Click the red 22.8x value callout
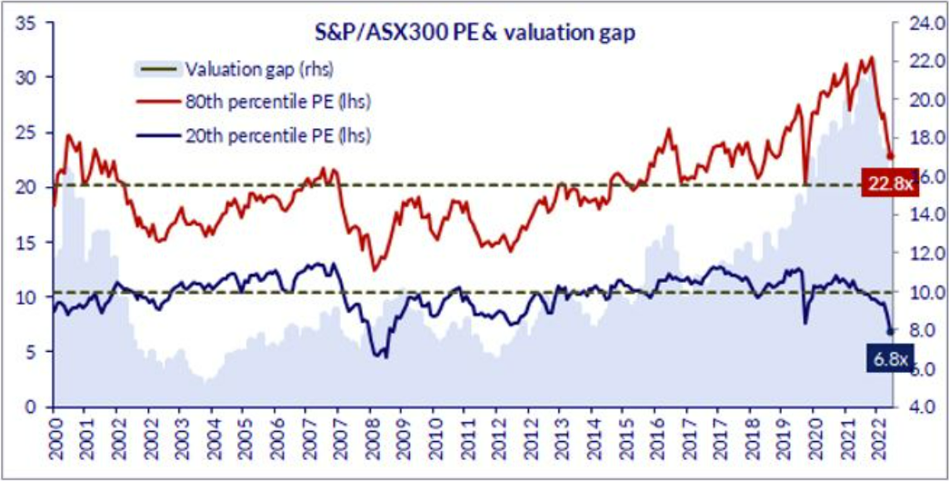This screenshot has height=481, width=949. pos(885,185)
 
